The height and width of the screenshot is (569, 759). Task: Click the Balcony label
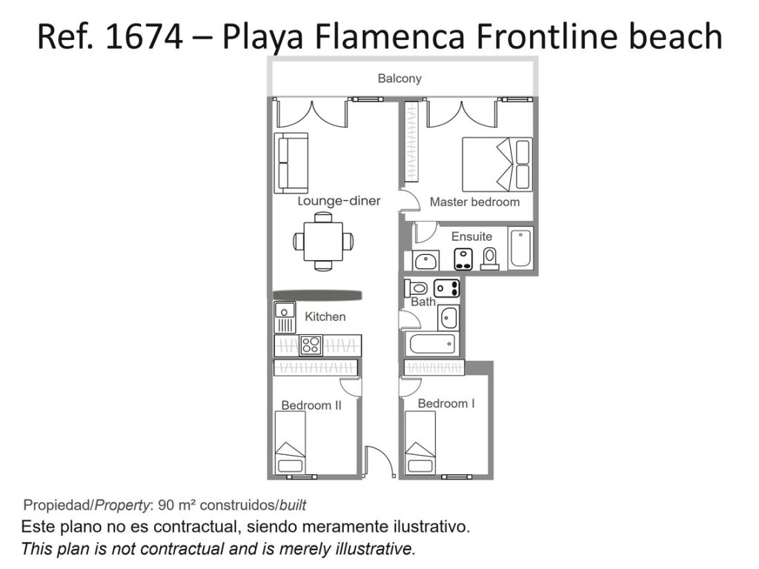click(400, 79)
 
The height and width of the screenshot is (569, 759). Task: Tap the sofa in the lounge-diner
click(291, 162)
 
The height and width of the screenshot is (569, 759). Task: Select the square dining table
click(323, 241)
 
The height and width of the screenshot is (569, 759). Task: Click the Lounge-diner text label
click(339, 201)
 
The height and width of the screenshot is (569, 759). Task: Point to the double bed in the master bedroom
click(497, 164)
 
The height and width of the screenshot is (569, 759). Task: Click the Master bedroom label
click(474, 202)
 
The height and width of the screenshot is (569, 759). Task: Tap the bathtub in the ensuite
click(520, 247)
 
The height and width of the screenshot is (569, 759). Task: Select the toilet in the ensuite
click(489, 259)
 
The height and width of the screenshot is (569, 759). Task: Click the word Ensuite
click(471, 236)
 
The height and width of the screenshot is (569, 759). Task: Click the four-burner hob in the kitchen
click(311, 345)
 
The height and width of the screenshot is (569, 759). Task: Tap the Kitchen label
click(325, 317)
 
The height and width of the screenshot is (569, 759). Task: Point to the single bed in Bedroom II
click(291, 442)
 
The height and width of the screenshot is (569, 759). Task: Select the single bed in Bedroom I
click(420, 442)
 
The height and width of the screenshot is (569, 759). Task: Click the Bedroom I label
click(445, 404)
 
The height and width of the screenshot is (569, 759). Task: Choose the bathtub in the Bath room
click(432, 344)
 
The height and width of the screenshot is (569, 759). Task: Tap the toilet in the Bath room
click(416, 288)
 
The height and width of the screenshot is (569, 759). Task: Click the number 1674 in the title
click(145, 36)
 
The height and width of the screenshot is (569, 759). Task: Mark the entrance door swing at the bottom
click(378, 460)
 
